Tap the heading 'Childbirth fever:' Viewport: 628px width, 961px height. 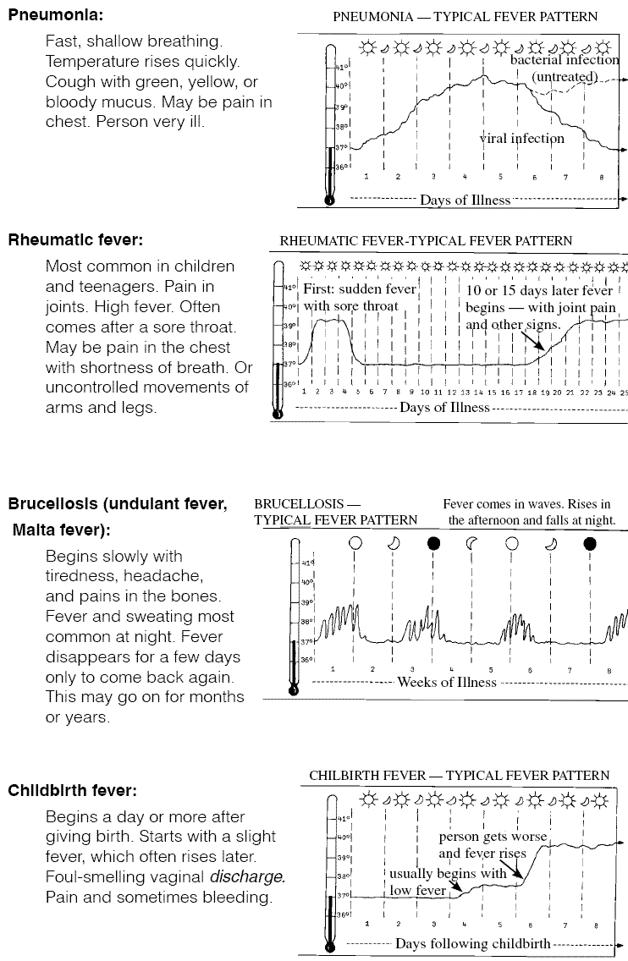coord(73,791)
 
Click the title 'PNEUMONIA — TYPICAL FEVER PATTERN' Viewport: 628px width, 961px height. coord(465,17)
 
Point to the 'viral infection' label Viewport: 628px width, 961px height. coord(521,138)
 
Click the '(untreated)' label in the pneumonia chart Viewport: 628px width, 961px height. coord(565,77)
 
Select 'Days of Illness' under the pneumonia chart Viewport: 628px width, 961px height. coord(465,200)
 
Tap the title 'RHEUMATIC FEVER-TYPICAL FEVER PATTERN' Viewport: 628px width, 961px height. coord(426,241)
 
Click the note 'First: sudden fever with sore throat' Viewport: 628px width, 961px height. coord(359,298)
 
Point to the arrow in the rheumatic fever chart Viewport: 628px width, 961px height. coord(532,341)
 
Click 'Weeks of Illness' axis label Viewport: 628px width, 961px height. coord(447,682)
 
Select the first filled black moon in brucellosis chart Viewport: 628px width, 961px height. coord(434,543)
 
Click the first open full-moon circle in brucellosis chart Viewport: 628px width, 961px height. coord(355,543)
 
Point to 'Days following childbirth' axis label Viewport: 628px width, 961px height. coord(472,943)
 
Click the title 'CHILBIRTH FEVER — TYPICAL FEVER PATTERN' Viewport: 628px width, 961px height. coord(459,775)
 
